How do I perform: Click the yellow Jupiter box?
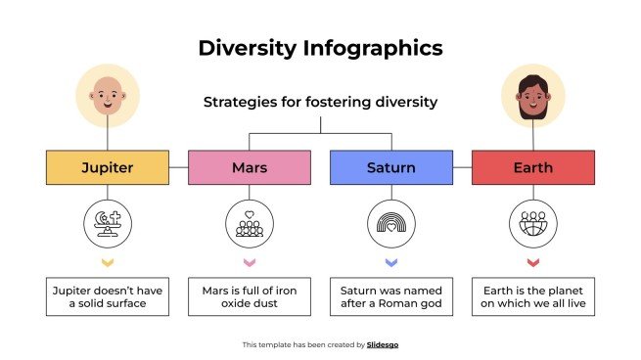tap(108, 167)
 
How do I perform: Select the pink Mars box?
tap(250, 167)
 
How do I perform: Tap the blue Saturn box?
tap(391, 167)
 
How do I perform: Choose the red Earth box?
tap(533, 167)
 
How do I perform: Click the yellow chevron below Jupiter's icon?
tap(108, 263)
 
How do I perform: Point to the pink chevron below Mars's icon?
tap(250, 263)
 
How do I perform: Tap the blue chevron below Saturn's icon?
tap(391, 263)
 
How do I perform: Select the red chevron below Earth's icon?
tap(533, 263)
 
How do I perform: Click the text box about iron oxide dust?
tap(250, 296)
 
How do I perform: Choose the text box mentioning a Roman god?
tap(391, 296)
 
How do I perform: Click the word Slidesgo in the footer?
tap(382, 344)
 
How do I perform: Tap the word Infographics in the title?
tap(372, 47)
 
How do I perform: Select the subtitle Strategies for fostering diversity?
tap(320, 102)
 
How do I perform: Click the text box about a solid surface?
tap(108, 296)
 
